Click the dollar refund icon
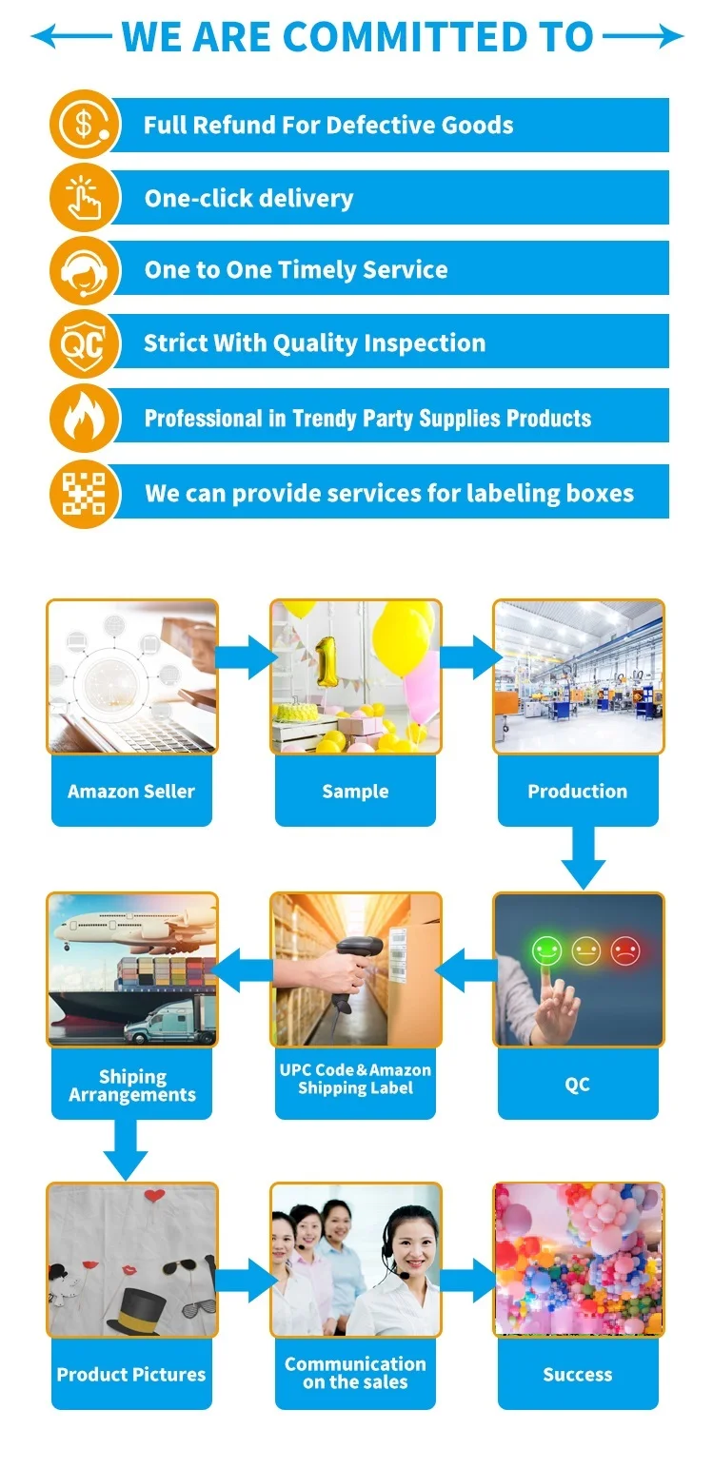[x=85, y=125]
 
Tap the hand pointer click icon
[x=85, y=198]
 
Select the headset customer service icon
[x=85, y=270]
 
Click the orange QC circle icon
[x=85, y=343]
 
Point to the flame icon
[x=85, y=418]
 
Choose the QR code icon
[x=85, y=493]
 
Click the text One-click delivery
[x=248, y=198]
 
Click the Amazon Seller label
[x=131, y=791]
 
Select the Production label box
[x=578, y=791]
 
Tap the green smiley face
[x=546, y=949]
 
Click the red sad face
[x=624, y=949]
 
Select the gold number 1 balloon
[x=327, y=660]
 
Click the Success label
[x=578, y=1374]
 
